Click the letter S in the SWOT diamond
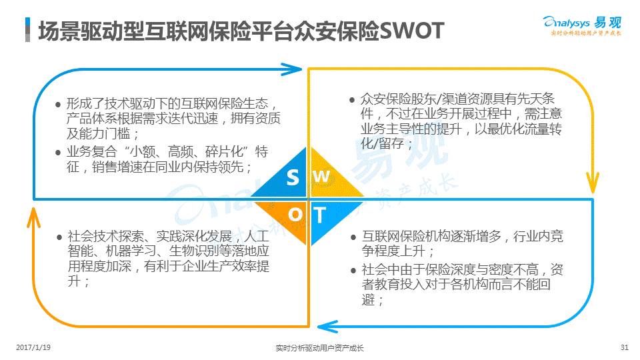tap(293, 177)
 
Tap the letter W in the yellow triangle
tap(321, 177)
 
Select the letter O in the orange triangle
tap(295, 214)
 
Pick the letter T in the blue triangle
tap(320, 215)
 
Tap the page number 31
tap(624, 347)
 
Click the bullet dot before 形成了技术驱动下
tap(59, 105)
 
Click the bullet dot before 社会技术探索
tap(59, 237)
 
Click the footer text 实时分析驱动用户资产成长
tap(319, 347)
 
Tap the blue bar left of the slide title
tap(27, 30)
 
